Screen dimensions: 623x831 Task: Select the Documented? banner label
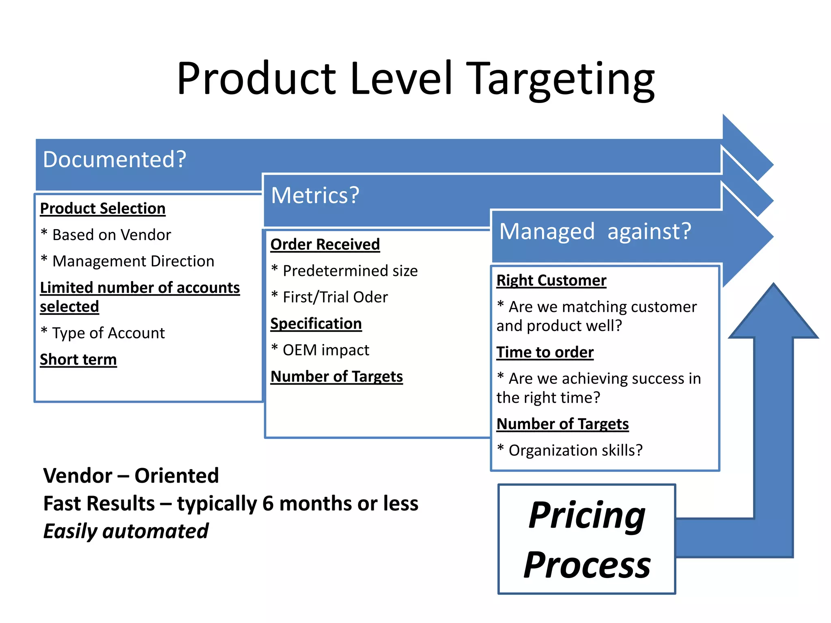click(x=114, y=159)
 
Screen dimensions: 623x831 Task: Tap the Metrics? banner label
click(x=315, y=195)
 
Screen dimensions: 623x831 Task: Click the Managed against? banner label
click(x=595, y=232)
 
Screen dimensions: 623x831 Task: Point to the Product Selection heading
click(x=103, y=208)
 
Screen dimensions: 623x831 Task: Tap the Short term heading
click(x=78, y=360)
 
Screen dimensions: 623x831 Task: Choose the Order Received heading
click(x=325, y=245)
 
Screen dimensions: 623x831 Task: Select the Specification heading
click(x=316, y=324)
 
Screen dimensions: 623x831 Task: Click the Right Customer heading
click(x=551, y=281)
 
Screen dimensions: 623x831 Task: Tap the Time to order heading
click(x=545, y=352)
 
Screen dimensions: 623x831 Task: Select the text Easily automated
click(x=126, y=531)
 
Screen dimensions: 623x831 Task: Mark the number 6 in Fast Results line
click(x=268, y=504)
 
